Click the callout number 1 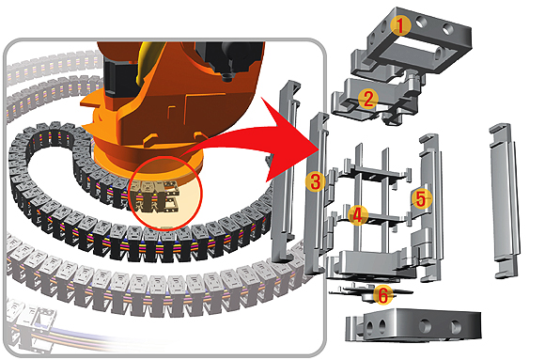(400, 25)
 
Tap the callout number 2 (368, 99)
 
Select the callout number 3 (315, 181)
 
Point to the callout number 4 (358, 215)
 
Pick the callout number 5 (421, 199)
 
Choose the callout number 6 (383, 295)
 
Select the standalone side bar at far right (505, 201)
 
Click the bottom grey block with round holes (413, 324)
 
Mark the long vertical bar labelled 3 (316, 194)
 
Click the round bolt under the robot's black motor (227, 77)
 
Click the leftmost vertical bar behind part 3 (286, 170)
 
